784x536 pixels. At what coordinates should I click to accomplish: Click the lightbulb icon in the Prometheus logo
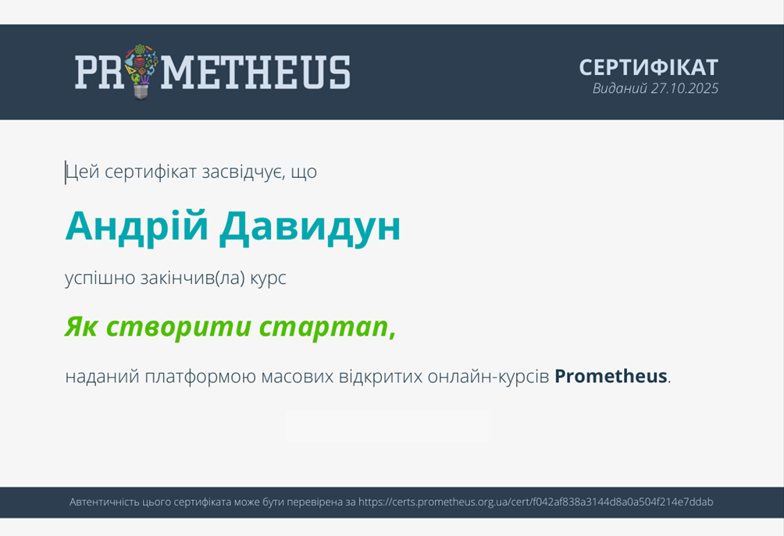click(x=141, y=72)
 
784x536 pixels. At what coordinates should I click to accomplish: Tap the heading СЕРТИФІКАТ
click(x=648, y=68)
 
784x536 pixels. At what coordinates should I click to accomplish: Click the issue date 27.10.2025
click(x=685, y=88)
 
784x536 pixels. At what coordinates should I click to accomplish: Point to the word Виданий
click(x=620, y=88)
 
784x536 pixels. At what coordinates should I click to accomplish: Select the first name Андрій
click(x=137, y=226)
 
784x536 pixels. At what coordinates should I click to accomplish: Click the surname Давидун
click(x=310, y=227)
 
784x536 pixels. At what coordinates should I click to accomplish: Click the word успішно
click(x=100, y=279)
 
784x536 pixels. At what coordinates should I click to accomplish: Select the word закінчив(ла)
click(x=193, y=279)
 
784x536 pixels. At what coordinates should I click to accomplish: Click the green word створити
click(x=179, y=327)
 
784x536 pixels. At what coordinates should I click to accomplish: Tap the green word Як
click(x=81, y=327)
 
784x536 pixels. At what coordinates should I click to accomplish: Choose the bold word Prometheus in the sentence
click(x=611, y=376)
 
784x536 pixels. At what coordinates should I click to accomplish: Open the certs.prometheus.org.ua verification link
click(x=536, y=502)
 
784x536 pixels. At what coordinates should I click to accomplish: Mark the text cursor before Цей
click(x=65, y=172)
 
